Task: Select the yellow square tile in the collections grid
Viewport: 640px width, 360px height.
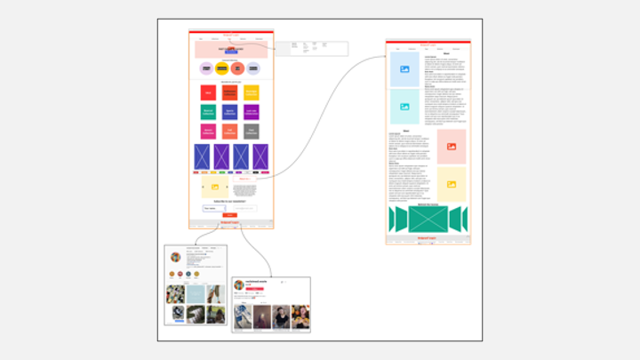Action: (x=252, y=92)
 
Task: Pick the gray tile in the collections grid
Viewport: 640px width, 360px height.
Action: (x=252, y=132)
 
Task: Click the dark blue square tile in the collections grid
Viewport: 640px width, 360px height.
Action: (x=230, y=112)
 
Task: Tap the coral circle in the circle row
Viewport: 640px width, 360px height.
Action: (x=237, y=68)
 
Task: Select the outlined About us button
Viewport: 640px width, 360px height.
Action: (x=244, y=179)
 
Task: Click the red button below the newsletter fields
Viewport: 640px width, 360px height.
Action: (x=229, y=215)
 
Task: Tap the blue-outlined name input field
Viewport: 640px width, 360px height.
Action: (x=214, y=208)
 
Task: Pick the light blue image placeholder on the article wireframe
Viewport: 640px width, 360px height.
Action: (x=404, y=69)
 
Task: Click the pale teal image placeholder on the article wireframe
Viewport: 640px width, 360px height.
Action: (x=404, y=107)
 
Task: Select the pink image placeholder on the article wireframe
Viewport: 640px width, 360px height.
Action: (x=452, y=147)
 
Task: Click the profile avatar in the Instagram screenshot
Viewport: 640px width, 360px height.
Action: (x=176, y=257)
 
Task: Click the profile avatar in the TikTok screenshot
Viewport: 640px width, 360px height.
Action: (x=239, y=284)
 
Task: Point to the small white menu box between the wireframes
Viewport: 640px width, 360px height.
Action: (x=311, y=49)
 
